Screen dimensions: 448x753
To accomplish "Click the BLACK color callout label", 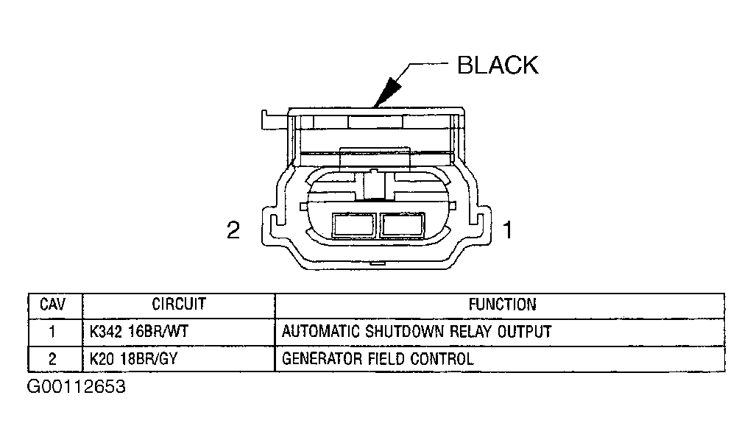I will tap(498, 65).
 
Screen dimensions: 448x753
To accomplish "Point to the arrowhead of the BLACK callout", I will tap(383, 99).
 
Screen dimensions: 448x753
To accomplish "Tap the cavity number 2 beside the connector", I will tap(233, 231).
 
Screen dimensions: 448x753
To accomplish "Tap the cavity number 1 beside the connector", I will tap(507, 231).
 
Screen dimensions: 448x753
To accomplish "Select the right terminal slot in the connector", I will tap(402, 225).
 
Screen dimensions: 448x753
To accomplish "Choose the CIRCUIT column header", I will tap(178, 305).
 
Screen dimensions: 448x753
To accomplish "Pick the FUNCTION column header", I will tap(503, 305).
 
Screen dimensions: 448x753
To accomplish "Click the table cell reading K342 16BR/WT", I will tap(139, 332).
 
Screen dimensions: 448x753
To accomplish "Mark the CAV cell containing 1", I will tap(52, 332).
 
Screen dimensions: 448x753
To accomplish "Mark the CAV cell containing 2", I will tap(52, 359).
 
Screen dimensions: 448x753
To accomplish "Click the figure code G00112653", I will tap(77, 387).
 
